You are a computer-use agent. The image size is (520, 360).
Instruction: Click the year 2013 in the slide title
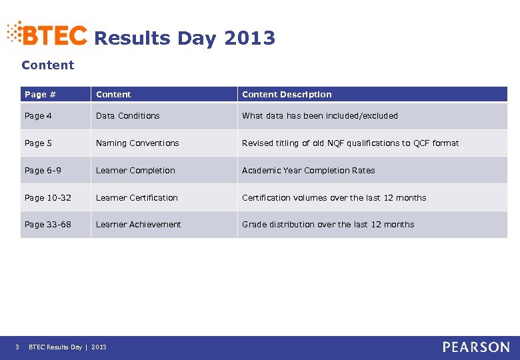click(249, 39)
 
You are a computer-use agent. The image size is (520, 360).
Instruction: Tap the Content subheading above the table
click(48, 65)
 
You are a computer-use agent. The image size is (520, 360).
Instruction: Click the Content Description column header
click(287, 95)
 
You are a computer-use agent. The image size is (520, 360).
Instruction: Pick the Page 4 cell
click(39, 116)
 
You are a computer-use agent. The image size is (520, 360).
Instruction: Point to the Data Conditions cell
click(128, 116)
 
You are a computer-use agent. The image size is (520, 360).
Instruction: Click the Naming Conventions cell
click(137, 143)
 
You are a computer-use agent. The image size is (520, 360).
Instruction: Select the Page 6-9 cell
click(43, 171)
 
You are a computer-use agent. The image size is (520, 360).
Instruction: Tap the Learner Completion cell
click(135, 171)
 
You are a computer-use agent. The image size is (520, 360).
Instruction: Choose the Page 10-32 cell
click(49, 198)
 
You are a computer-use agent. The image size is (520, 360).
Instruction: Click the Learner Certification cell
click(137, 198)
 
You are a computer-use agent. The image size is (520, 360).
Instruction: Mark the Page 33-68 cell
click(48, 225)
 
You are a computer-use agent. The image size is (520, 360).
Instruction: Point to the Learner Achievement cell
click(138, 225)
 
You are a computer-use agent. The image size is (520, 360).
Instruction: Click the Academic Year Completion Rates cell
click(308, 171)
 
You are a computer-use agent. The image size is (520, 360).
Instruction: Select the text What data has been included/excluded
click(320, 116)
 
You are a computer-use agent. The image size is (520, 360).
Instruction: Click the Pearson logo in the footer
click(476, 347)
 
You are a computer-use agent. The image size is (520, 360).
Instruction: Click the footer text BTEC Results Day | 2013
click(67, 347)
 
